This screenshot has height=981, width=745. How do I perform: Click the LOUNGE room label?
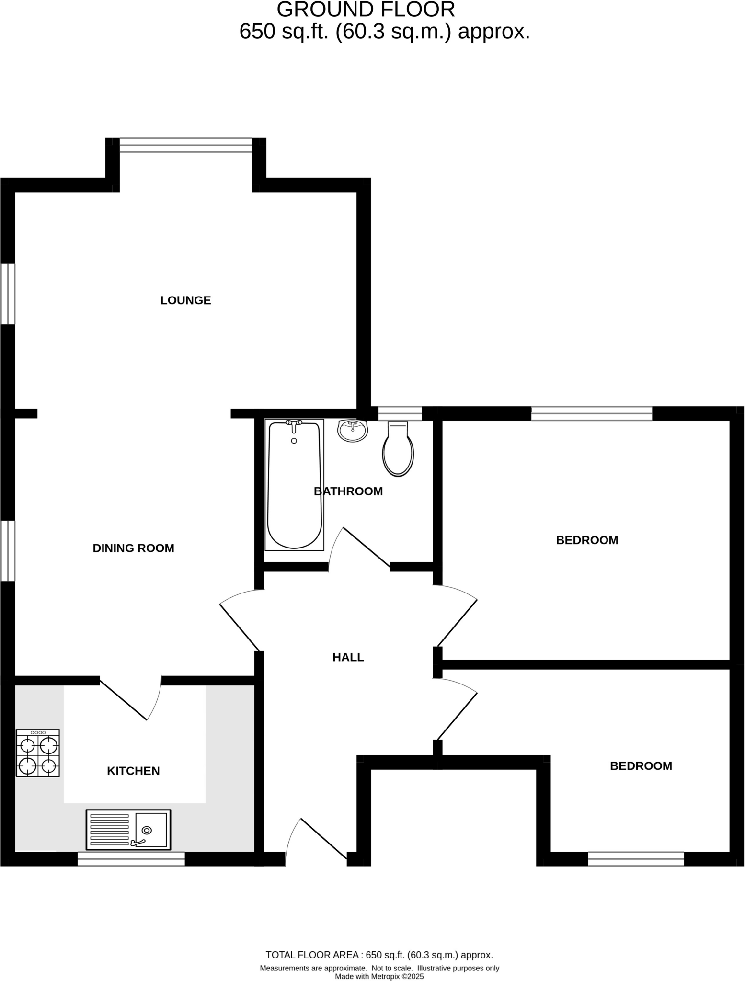pos(185,300)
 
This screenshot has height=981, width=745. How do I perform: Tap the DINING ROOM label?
pos(133,548)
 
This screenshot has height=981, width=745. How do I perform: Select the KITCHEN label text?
pos(133,771)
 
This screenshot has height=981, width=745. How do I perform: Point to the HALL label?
pos(348,657)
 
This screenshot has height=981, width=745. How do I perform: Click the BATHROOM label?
pos(348,491)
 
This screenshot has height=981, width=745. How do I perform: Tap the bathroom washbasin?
pos(353,430)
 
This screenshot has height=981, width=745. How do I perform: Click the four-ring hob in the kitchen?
pos(38,753)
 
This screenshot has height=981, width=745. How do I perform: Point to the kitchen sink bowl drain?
pos(147,830)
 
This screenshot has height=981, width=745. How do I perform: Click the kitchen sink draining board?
pos(109,830)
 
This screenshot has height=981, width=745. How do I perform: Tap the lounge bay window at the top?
pos(185,145)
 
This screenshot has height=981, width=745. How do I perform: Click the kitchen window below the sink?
pos(131,859)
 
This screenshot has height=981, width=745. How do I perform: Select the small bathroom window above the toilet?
pos(400,413)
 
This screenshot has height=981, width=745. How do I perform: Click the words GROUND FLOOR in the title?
pos(366,10)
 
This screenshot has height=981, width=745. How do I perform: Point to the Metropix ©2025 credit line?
pos(379,976)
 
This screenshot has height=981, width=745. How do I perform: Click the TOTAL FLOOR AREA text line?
pos(379,955)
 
